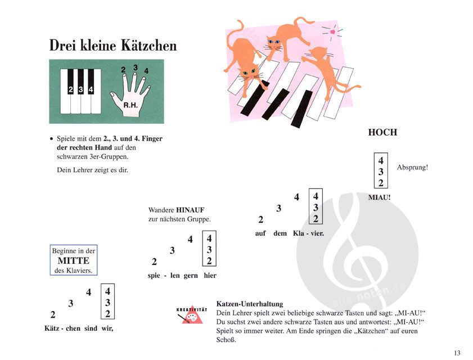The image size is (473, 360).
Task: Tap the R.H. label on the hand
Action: [x=130, y=105]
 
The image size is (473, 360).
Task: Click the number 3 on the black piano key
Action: [x=80, y=89]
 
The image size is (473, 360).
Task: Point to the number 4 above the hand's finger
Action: [x=146, y=71]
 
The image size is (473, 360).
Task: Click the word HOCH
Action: [x=382, y=132]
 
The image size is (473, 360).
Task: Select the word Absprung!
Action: [x=412, y=167]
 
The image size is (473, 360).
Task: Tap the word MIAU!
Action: [x=379, y=197]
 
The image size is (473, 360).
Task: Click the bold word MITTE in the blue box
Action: [x=73, y=261]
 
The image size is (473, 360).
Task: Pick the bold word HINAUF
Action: [x=190, y=210]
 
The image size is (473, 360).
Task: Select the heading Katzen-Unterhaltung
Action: [x=250, y=304]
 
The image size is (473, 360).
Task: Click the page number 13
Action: [x=457, y=353]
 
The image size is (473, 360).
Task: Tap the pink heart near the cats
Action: [x=332, y=31]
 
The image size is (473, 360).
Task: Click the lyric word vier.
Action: [x=317, y=233]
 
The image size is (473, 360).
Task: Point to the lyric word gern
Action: [x=191, y=276]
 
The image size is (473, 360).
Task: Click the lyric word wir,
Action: [x=107, y=328]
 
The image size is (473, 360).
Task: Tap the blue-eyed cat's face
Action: [x=273, y=43]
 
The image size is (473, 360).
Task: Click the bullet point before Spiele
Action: [x=51, y=139]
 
